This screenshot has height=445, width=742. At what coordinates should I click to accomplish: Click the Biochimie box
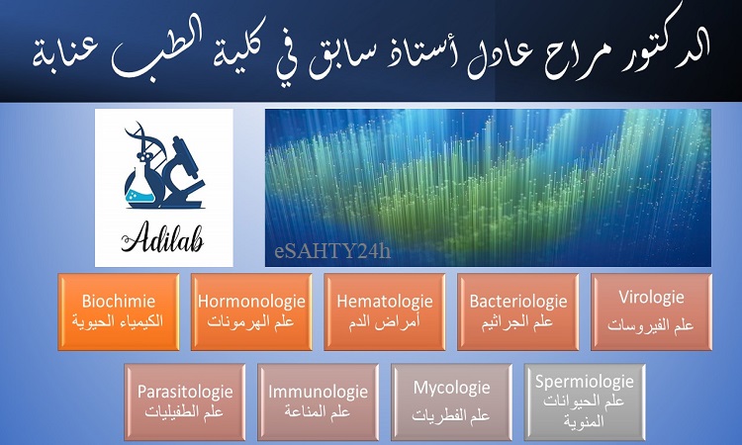click(119, 311)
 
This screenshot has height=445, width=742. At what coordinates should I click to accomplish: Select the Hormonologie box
click(251, 311)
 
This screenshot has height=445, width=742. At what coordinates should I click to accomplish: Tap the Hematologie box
click(385, 311)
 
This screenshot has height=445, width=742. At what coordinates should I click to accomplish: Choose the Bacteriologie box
click(518, 311)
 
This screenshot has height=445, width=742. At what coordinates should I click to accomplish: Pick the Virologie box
click(652, 311)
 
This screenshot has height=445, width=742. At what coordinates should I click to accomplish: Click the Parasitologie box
click(185, 401)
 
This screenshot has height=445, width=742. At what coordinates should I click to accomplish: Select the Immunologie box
click(318, 401)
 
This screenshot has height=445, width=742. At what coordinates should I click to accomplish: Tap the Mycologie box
click(451, 401)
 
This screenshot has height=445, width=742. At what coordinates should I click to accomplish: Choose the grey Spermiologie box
click(585, 401)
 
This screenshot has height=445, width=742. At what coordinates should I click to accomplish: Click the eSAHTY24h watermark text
click(332, 250)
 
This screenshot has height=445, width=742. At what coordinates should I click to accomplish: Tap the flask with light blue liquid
click(141, 188)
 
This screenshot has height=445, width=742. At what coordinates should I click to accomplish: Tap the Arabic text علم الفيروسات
click(651, 325)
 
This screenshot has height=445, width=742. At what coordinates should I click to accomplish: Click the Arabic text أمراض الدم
click(385, 323)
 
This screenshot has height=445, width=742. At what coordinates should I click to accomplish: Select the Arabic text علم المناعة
click(318, 412)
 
